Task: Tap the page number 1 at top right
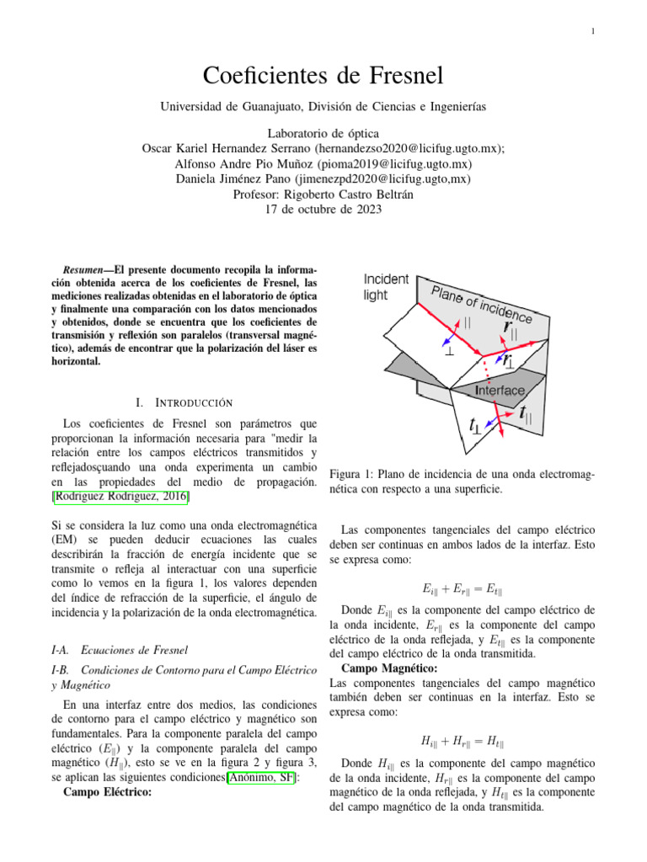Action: (593, 32)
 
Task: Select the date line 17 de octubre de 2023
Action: (323, 210)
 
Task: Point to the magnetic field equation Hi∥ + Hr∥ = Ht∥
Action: (463, 742)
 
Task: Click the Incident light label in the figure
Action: (386, 287)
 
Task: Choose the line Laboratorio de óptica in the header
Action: (323, 133)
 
